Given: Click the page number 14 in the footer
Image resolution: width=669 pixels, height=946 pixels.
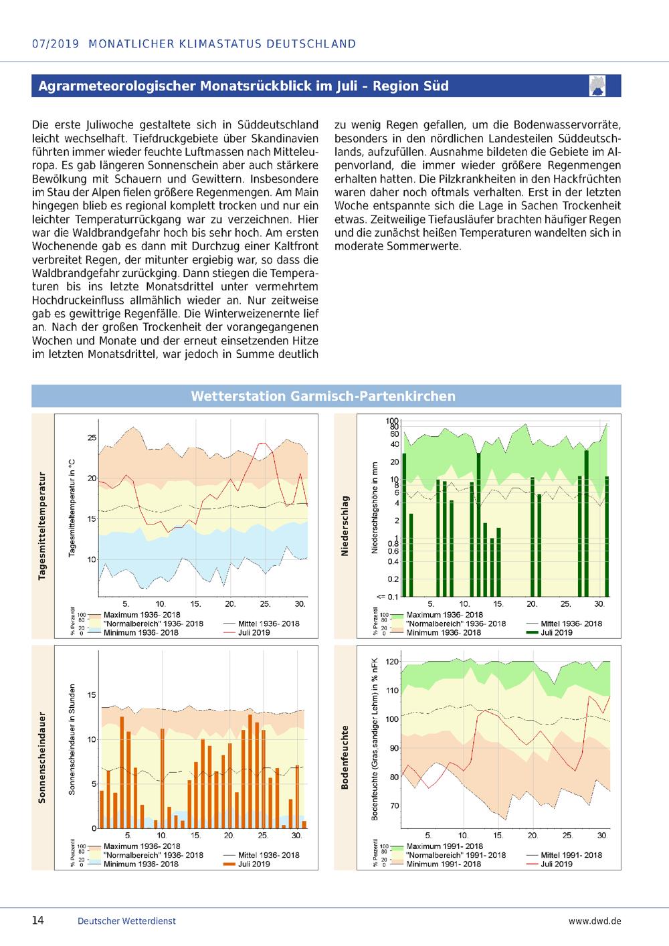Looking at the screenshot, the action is pos(38,920).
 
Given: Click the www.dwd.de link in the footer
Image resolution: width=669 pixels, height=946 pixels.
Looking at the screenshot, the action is pos(595,921).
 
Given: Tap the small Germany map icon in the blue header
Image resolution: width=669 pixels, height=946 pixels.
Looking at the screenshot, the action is pos(597,86).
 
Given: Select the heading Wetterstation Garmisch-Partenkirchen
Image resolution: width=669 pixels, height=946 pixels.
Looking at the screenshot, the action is pos(323,396).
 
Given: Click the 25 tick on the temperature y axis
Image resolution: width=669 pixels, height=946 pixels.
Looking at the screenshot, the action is pos(92,438).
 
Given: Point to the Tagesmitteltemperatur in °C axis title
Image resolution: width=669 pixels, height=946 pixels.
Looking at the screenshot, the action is pos(72,508).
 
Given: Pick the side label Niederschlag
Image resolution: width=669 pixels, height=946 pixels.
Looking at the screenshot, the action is pos(345,525).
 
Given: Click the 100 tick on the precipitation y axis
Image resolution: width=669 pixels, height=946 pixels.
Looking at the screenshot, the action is pos(392,421).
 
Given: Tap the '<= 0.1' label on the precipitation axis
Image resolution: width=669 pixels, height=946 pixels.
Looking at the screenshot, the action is pos(387,597).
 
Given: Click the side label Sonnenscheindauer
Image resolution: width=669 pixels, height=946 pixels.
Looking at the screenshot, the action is pos(41,757).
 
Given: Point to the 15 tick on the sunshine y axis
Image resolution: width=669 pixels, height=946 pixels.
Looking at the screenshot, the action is pos(92,694).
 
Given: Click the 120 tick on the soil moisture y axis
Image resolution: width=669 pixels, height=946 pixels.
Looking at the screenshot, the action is pos(392,662).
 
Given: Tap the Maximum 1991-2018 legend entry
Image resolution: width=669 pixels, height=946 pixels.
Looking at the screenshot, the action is pos(444,846).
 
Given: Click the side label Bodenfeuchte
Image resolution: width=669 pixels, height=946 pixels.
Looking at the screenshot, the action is pos(345,757).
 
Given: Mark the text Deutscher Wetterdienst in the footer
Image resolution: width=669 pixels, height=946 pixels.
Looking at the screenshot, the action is pos(126,921).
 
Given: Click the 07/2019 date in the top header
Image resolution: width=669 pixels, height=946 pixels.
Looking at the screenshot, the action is pos(56,44).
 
